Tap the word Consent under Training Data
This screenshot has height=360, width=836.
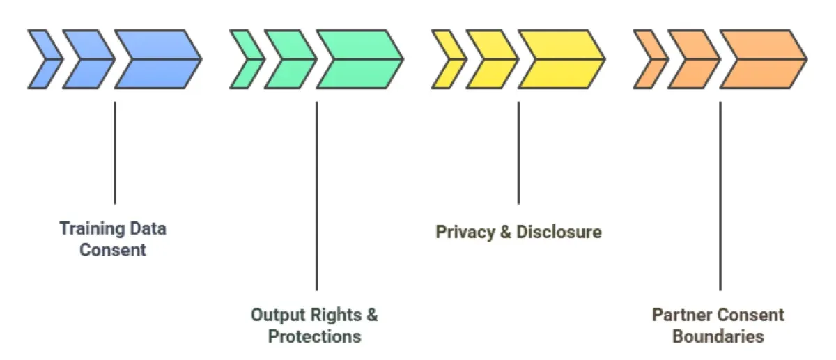coord(113,250)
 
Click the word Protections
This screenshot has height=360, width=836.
coord(315,337)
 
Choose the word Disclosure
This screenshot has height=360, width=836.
coord(559,232)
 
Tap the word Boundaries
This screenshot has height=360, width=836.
coord(718,337)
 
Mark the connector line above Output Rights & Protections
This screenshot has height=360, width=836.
coord(316,196)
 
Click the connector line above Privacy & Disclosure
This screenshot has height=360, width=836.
coord(518,152)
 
